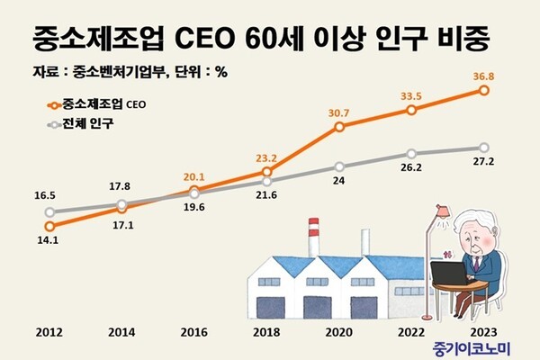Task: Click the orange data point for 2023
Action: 484,90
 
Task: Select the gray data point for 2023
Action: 484,147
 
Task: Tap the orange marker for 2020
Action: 339,127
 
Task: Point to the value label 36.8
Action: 484,76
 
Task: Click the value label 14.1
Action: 49,240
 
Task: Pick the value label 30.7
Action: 339,112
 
